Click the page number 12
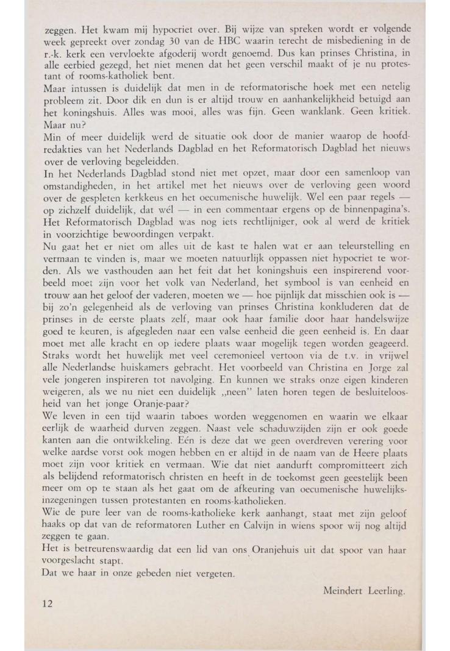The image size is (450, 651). tap(48, 603)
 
